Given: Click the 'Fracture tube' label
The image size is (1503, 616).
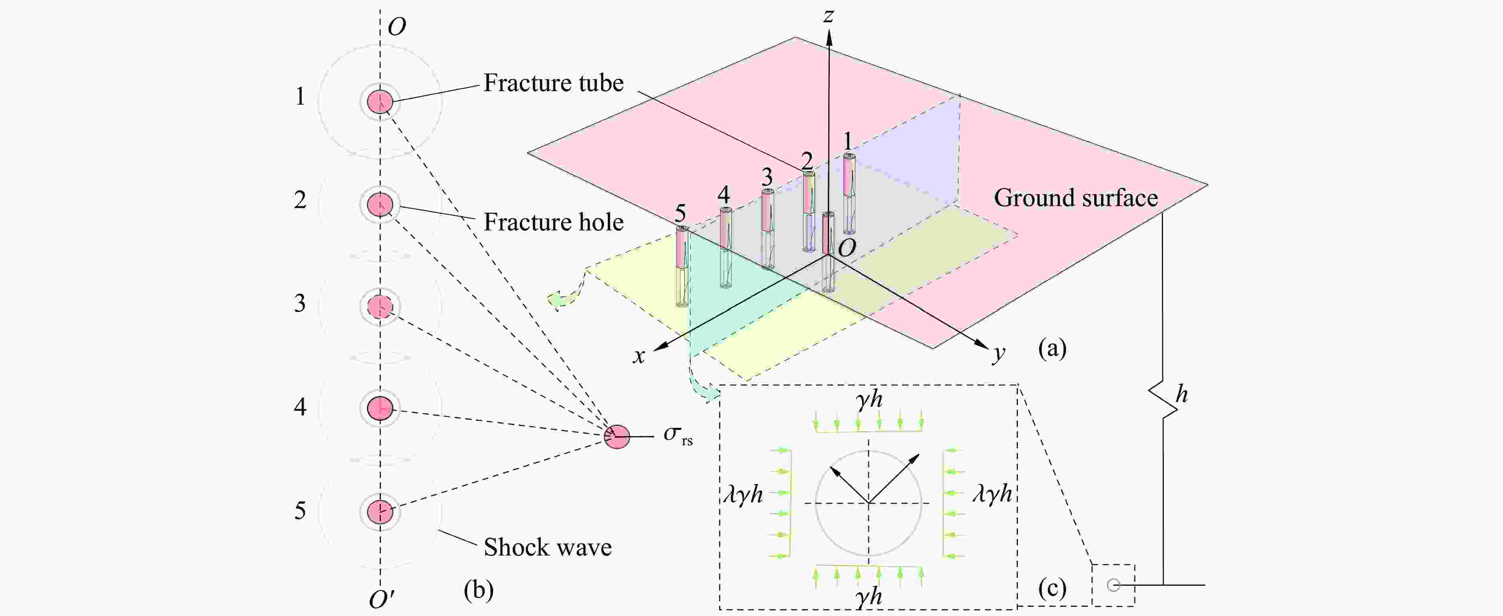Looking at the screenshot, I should tap(553, 84).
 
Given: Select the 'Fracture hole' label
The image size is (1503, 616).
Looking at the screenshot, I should tap(553, 222).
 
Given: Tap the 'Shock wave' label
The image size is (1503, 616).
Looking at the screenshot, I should tap(547, 548).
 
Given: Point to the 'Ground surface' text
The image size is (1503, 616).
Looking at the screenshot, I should tap(1075, 198).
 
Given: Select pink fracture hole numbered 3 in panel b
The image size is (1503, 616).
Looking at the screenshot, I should tap(380, 306).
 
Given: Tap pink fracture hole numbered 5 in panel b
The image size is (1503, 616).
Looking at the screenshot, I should tap(380, 511).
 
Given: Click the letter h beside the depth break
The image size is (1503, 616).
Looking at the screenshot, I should tap(1181, 395).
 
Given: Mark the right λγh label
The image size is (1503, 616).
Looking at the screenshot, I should tap(992, 493).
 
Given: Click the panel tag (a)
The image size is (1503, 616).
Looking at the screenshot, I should tap(1052, 349).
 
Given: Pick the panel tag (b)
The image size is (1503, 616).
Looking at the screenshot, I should tap(478, 590).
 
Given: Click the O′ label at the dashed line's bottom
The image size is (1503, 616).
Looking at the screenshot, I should tap(382, 599).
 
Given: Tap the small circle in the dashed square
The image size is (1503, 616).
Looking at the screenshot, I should tap(1113, 585).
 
